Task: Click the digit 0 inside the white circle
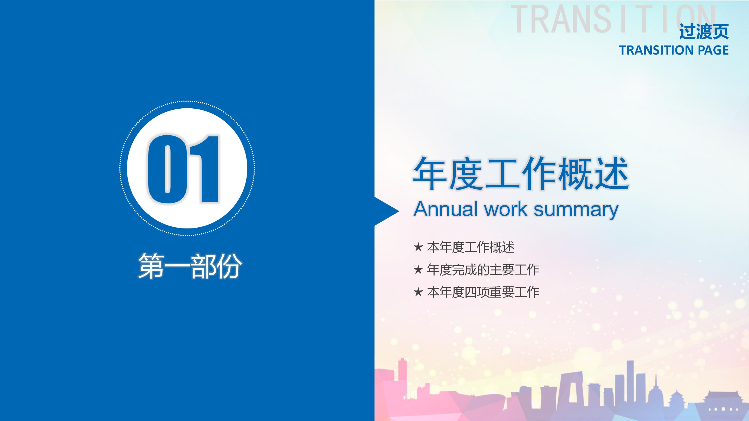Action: click(x=167, y=169)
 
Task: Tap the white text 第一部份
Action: click(x=190, y=266)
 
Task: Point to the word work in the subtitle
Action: click(x=505, y=209)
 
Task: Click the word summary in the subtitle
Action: click(x=576, y=210)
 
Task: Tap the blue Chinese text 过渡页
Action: click(x=704, y=32)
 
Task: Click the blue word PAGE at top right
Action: click(x=713, y=50)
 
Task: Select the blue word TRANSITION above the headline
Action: click(x=656, y=50)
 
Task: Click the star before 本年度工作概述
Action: click(x=418, y=247)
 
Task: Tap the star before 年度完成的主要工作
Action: click(x=418, y=270)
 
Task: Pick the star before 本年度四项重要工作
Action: click(x=418, y=292)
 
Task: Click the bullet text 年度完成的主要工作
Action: click(x=483, y=270)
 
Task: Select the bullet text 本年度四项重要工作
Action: click(x=483, y=292)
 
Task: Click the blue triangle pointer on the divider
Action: click(x=386, y=211)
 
